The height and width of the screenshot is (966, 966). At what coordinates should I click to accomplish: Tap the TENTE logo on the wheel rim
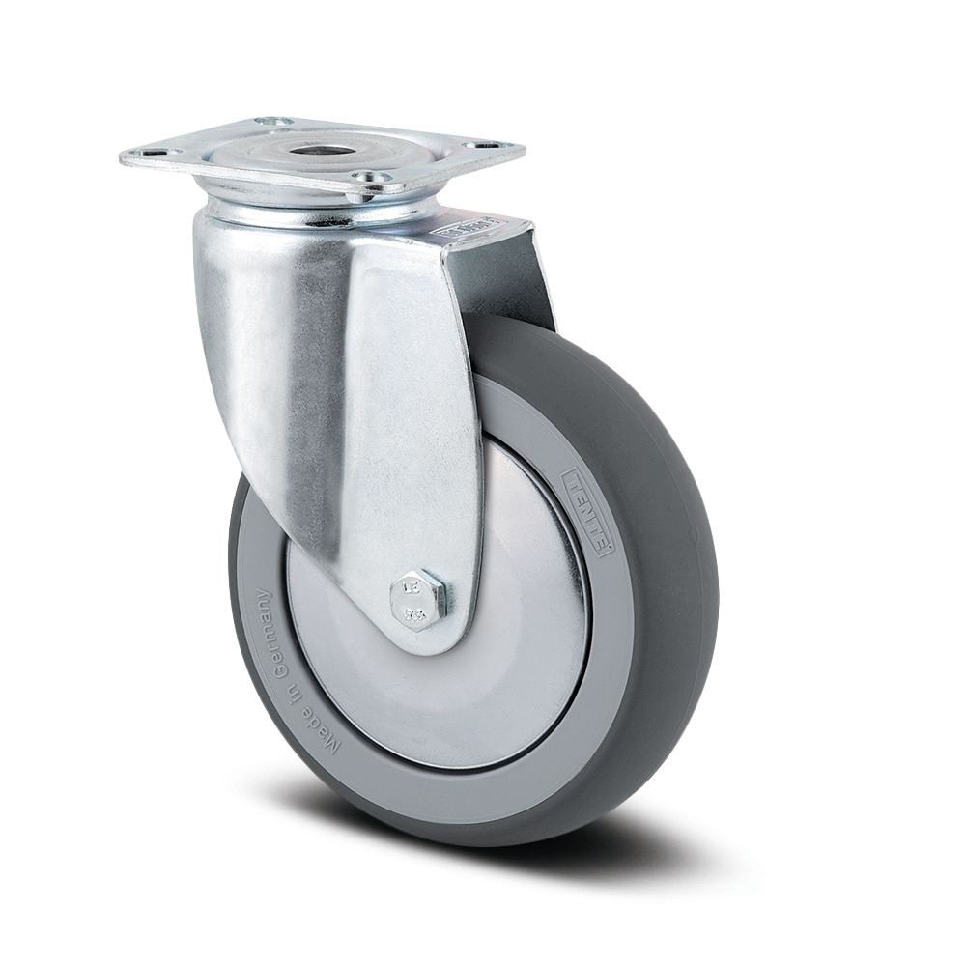(586, 509)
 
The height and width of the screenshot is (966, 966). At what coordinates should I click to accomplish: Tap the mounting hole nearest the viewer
(371, 178)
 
